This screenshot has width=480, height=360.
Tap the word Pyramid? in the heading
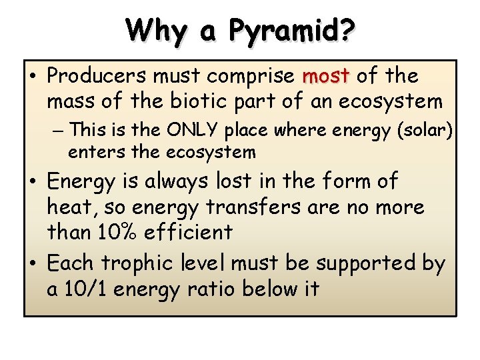pos(292,31)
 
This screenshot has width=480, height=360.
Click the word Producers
pos(97,76)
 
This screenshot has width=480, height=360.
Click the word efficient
pos(189,233)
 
